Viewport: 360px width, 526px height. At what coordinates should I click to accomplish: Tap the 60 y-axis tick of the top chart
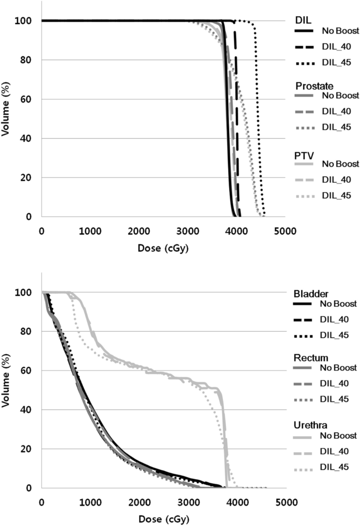click(30, 99)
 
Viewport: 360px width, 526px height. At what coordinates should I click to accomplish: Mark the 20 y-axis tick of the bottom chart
click(30, 449)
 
